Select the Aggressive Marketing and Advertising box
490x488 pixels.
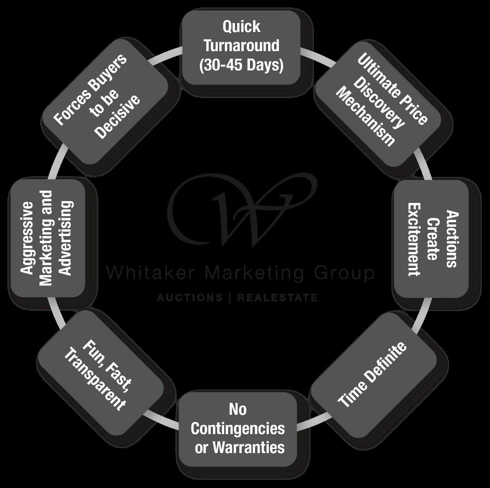pyautogui.click(x=46, y=238)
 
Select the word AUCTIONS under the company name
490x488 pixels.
pyautogui.click(x=190, y=298)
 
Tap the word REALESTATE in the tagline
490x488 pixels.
pyautogui.click(x=277, y=298)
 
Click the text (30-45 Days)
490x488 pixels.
pyautogui.click(x=241, y=65)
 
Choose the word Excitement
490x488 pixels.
pyautogui.click(x=413, y=239)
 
